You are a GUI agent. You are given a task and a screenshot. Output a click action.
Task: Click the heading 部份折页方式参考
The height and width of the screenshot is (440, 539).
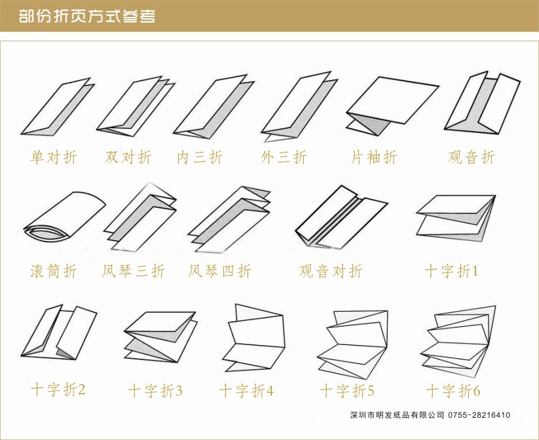point(87,16)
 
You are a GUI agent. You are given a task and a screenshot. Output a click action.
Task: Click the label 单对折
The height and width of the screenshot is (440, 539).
point(54,157)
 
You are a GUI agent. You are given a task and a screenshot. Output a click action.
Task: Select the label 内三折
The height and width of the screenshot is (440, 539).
point(200,157)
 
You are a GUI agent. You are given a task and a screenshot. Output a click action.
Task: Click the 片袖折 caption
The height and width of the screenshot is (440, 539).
point(374,157)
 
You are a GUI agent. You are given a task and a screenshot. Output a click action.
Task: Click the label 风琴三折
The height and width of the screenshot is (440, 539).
point(134,270)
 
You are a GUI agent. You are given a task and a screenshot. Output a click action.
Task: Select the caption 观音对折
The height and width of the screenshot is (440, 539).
point(331,270)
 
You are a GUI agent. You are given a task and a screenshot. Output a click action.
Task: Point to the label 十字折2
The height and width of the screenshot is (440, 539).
point(58,390)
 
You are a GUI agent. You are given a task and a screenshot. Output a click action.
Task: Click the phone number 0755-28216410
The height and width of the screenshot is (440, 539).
point(479,415)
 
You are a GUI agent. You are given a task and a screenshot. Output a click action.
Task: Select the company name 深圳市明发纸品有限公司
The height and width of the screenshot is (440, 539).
point(397,415)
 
